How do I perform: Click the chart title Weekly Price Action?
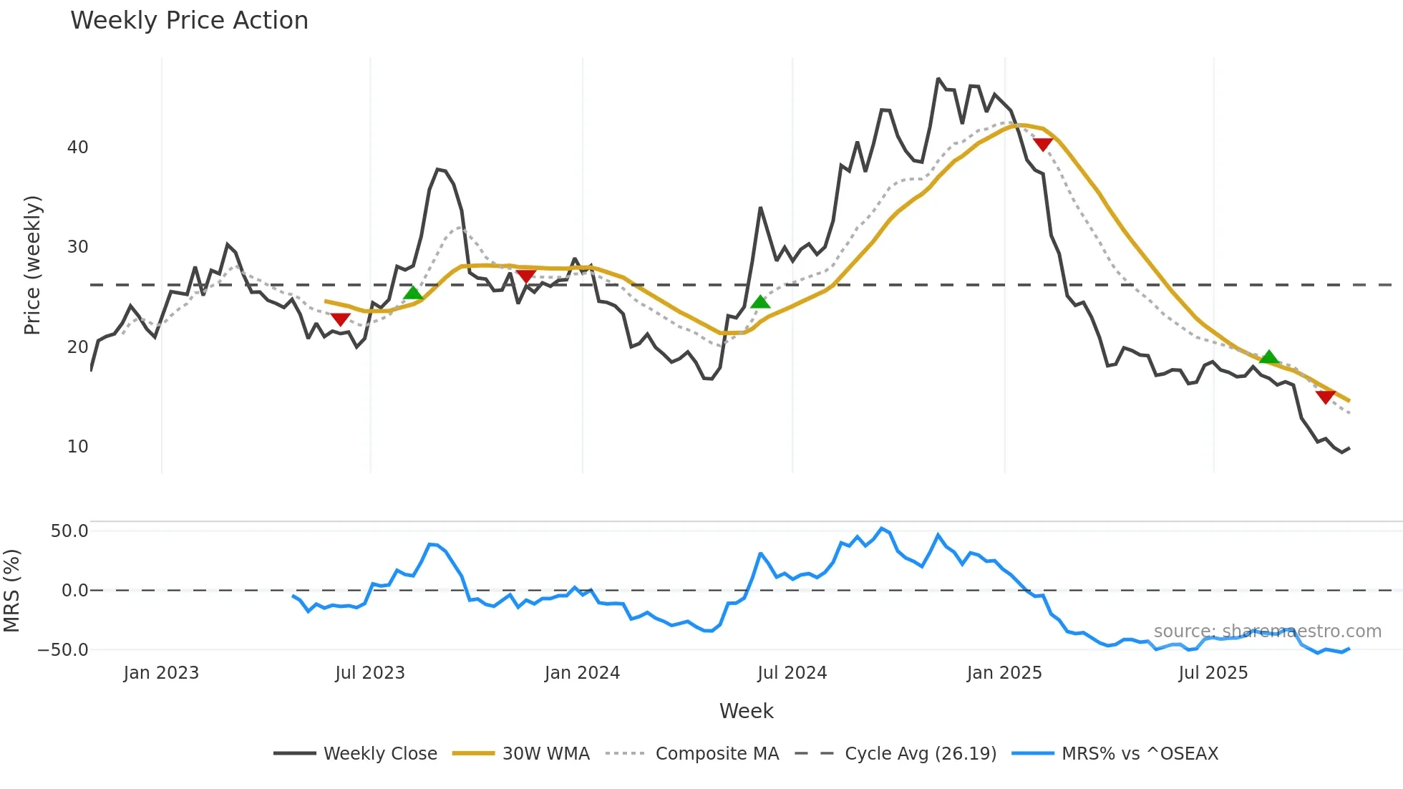coord(189,21)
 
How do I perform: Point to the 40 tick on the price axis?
coord(77,147)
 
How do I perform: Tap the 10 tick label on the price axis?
coord(77,447)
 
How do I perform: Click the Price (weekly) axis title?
coord(32,265)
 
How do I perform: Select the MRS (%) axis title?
coord(11,591)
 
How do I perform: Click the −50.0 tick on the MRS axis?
coord(63,650)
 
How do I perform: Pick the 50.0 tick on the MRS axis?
coord(69,531)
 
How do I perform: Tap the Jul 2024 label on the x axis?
coord(792,673)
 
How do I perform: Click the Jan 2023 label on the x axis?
coord(161,673)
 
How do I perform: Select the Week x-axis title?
coord(746,711)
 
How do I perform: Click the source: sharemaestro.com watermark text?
coord(1267,631)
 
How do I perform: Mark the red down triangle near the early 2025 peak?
coord(1043,145)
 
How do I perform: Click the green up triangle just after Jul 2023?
coord(413,293)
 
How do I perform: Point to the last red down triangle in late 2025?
coord(1325,397)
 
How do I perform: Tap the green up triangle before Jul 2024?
coord(760,302)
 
